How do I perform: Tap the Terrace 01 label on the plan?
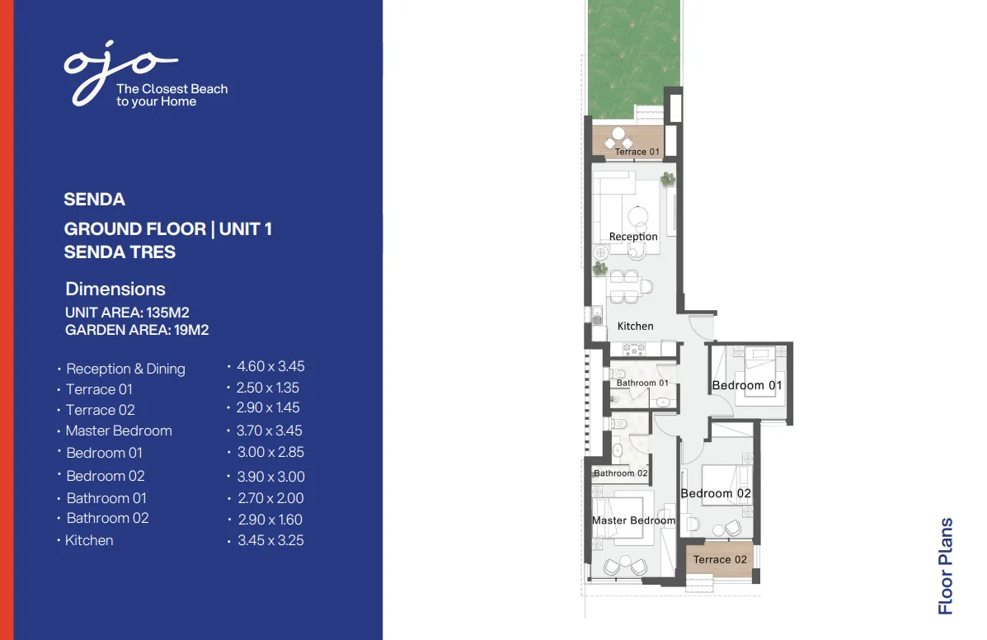[637, 152]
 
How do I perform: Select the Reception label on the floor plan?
[633, 237]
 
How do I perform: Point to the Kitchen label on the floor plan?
[635, 326]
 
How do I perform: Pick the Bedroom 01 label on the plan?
[747, 385]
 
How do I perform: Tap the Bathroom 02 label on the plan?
[621, 473]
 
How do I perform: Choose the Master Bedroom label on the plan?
[633, 520]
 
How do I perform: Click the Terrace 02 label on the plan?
[720, 559]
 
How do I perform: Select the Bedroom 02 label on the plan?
[716, 493]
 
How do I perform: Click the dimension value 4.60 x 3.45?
[270, 366]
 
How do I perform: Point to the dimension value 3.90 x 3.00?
[270, 477]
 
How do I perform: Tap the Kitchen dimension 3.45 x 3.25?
[270, 541]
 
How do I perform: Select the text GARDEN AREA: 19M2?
[137, 330]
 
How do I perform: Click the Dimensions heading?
[115, 289]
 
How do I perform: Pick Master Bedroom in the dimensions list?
[119, 431]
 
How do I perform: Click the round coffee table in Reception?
[639, 217]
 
